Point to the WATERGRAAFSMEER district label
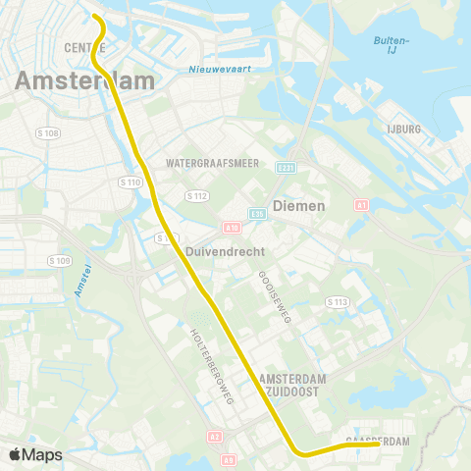[213, 163]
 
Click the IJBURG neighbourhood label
[403, 129]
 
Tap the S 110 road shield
[130, 182]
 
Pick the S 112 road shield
[197, 196]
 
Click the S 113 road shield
[338, 301]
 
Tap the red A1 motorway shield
[361, 205]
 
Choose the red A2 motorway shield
[215, 437]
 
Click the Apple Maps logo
[35, 454]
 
